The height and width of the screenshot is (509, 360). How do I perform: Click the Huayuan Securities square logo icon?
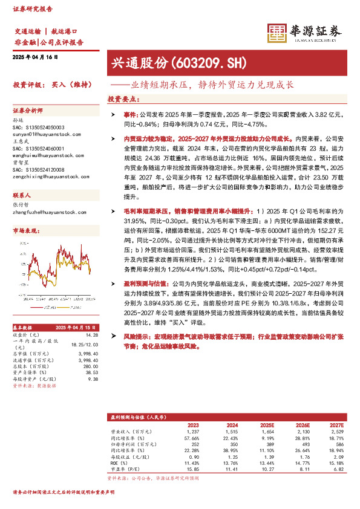(277, 33)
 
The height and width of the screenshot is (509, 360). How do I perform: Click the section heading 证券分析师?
(28, 111)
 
